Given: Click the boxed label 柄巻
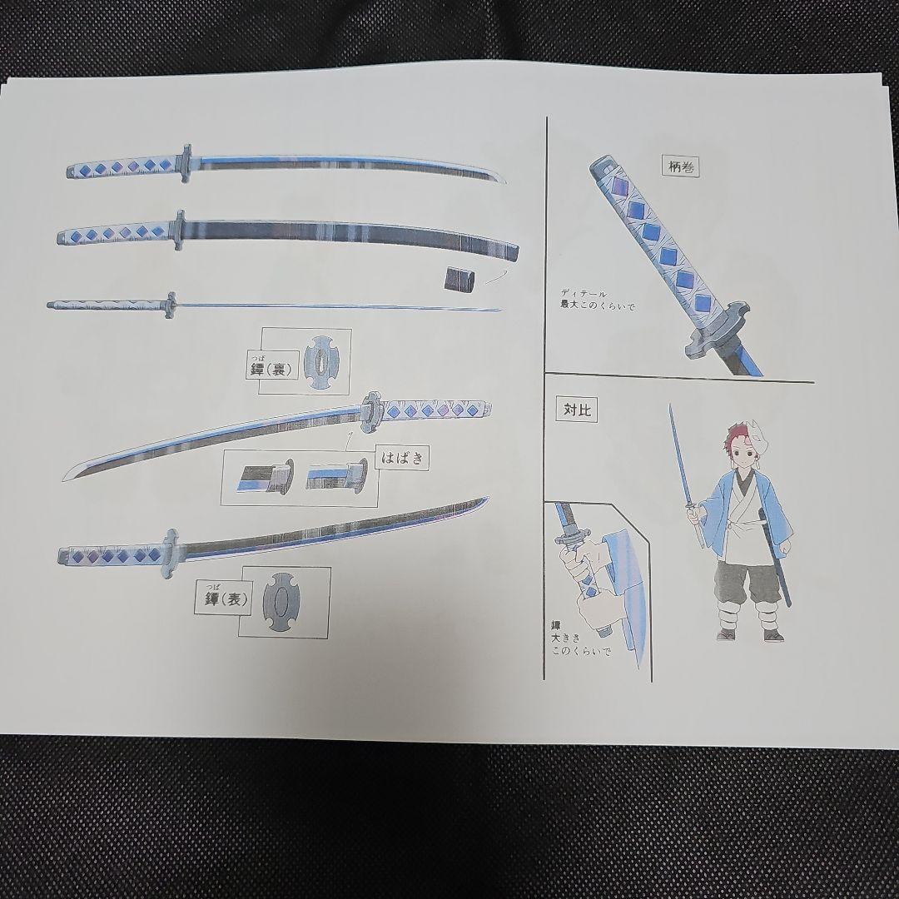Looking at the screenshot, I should (x=680, y=166).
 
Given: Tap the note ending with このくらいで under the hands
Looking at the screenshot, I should (x=579, y=640).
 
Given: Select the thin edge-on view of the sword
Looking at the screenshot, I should (x=275, y=306).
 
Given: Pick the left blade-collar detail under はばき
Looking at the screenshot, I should (x=265, y=478).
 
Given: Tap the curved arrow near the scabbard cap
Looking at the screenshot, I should (x=497, y=275).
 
